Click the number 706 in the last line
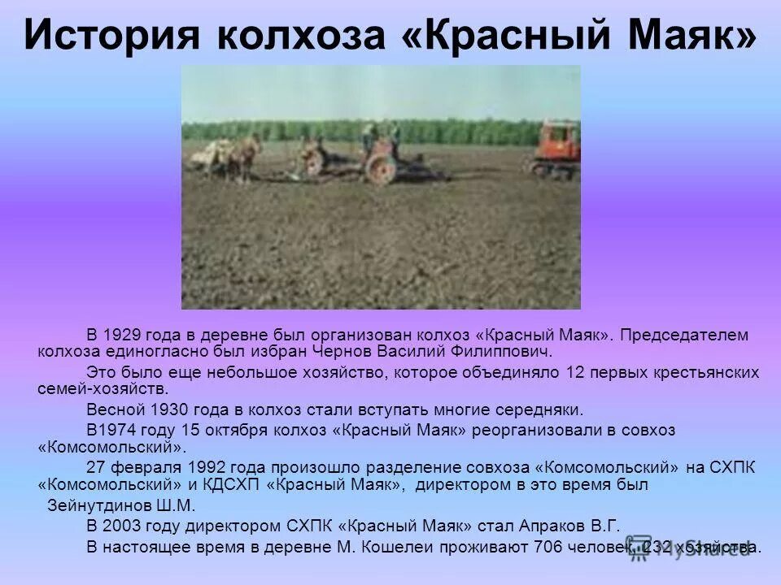click(548, 546)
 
